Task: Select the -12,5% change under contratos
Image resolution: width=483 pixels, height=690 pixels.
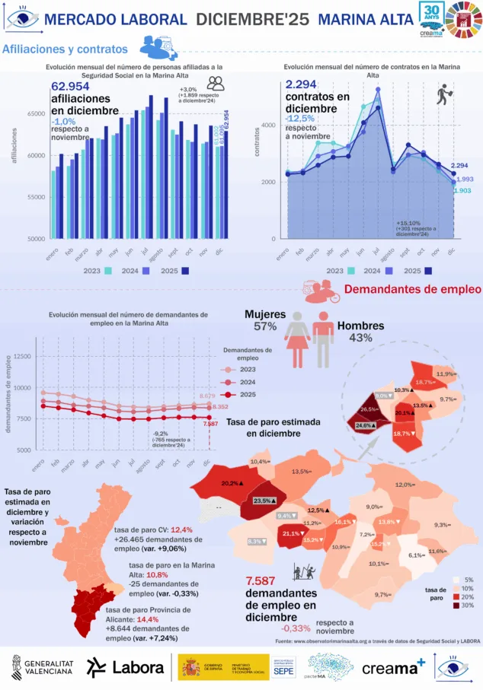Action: (300, 119)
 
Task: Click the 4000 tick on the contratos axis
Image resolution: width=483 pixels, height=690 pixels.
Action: (267, 126)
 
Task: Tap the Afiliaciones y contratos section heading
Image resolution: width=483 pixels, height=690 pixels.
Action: (65, 49)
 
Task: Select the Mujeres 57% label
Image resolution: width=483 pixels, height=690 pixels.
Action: (264, 320)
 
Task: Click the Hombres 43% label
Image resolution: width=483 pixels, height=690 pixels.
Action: (361, 331)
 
